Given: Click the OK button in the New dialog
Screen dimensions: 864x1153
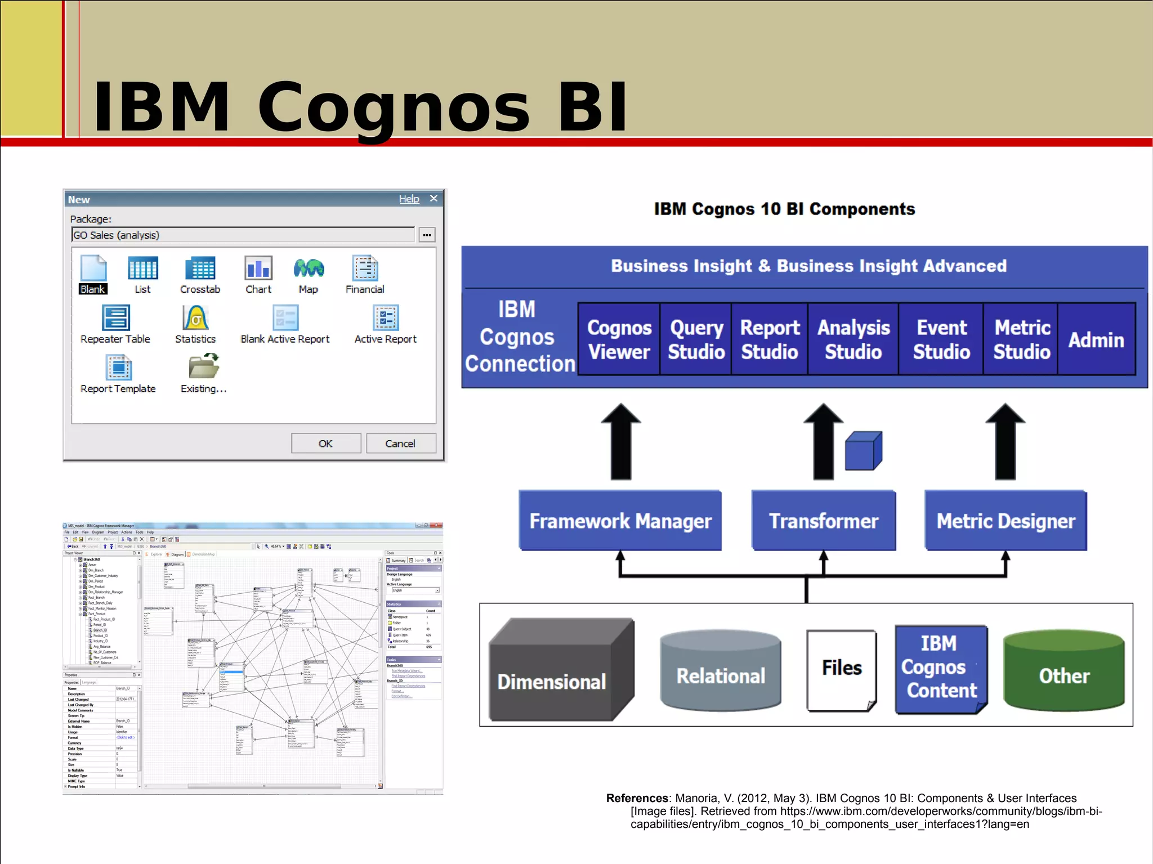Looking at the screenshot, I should (325, 444).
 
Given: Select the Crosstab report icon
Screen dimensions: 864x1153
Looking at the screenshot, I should (200, 268).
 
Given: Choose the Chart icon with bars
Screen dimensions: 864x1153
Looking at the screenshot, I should (258, 268).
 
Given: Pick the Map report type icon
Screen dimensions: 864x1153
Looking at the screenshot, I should (309, 268).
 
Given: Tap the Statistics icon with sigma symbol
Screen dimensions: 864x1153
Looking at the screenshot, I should (195, 318).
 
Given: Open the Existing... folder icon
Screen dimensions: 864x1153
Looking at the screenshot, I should (204, 367).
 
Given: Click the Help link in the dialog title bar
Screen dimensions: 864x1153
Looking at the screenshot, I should (409, 199).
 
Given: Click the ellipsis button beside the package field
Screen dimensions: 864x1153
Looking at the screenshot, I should (427, 235).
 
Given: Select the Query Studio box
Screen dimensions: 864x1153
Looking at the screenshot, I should (696, 339).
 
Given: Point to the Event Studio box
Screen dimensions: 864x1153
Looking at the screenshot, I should (941, 339).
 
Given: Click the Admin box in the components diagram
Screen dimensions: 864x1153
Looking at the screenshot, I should (1096, 339).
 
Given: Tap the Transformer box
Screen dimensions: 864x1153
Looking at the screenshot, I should (824, 521).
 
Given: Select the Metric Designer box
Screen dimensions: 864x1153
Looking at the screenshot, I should (1005, 521).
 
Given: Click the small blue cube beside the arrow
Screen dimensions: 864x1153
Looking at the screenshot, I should (863, 451).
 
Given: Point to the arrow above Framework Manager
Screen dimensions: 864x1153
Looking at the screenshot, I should (621, 442).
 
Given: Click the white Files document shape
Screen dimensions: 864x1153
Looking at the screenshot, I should (841, 670).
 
